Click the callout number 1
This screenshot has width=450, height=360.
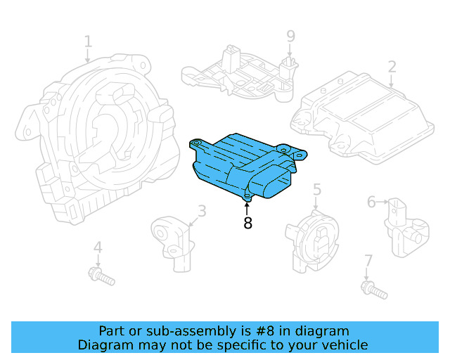88,41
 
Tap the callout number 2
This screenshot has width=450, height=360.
392,67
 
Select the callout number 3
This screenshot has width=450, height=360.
202,210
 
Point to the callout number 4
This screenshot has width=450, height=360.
98,247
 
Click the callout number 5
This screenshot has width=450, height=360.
317,188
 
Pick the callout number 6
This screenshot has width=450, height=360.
371,202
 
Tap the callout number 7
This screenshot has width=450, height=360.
368,262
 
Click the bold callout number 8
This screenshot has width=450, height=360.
247,224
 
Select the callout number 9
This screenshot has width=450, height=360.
290,36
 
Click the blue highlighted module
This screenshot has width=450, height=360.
239,165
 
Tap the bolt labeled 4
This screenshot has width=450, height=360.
103,276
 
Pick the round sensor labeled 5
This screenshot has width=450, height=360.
313,239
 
